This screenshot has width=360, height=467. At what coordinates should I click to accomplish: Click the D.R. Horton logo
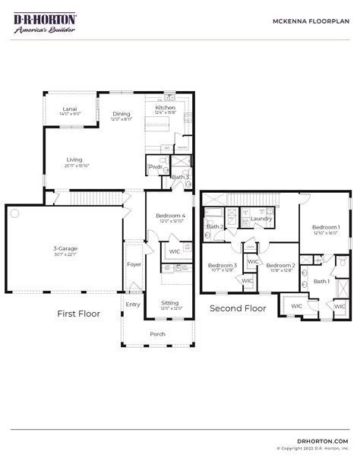click(x=45, y=22)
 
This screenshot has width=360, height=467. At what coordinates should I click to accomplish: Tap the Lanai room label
click(x=70, y=109)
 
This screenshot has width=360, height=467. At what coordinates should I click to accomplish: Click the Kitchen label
click(x=165, y=108)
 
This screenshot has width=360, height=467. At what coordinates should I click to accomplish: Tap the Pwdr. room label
click(x=156, y=167)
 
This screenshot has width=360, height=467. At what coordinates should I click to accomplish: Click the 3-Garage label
click(x=65, y=248)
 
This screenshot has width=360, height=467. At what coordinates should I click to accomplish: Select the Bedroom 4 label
click(x=171, y=216)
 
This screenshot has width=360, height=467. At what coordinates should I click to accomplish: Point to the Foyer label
click(x=134, y=264)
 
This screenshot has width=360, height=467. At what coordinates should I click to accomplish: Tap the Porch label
click(x=157, y=333)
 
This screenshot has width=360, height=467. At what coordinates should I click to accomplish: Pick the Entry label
click(x=134, y=304)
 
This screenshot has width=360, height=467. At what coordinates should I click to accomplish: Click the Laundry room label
click(x=261, y=219)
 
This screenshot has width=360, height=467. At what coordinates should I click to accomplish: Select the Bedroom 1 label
click(x=326, y=227)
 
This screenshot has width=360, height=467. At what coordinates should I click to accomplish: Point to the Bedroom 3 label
click(x=223, y=265)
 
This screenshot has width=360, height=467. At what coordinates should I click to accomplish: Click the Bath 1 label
click(x=321, y=281)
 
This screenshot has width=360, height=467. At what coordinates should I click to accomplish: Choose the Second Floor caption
click(x=238, y=308)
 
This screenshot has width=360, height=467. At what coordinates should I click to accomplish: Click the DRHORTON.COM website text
click(x=324, y=440)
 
